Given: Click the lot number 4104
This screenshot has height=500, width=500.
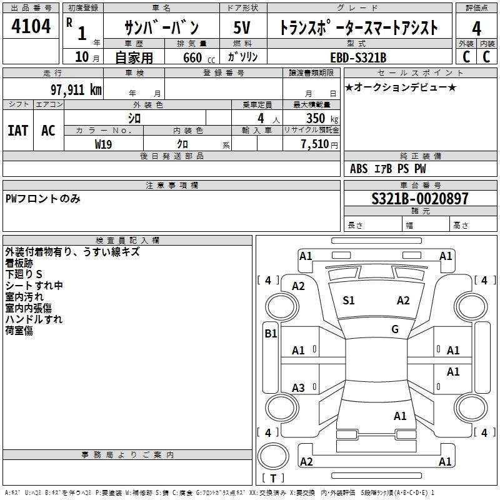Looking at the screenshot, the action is click(x=31, y=26).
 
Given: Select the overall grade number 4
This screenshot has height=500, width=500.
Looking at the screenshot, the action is click(x=476, y=28).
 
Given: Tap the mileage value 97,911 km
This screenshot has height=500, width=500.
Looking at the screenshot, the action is click(x=76, y=90).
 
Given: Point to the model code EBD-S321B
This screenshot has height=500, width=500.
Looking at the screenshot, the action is click(x=358, y=57).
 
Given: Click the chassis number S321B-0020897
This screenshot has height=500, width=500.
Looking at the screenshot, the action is click(x=420, y=199).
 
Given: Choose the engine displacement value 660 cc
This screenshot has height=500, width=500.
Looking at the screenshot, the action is click(x=199, y=57).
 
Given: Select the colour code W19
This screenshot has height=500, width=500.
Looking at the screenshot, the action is click(x=103, y=144).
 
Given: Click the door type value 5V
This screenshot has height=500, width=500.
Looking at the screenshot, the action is click(x=242, y=27).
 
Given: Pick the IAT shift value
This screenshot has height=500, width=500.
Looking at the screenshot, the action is click(x=18, y=131).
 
